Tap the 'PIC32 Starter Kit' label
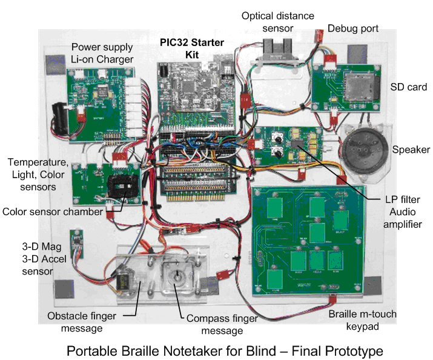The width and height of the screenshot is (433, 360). point(192,48)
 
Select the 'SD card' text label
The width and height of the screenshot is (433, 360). point(408,87)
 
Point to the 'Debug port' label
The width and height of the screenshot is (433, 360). point(353,28)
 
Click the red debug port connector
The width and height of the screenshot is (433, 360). point(320,35)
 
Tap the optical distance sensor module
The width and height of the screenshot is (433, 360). point(278,50)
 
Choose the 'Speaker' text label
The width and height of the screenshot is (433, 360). point(411,150)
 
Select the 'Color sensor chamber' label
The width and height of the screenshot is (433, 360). point(53,212)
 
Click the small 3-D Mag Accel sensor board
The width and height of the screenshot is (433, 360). point(76,244)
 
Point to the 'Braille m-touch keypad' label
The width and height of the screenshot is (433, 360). point(362,320)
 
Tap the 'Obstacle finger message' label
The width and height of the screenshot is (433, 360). point(82,322)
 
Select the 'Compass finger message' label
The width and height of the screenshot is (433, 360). point(222,324)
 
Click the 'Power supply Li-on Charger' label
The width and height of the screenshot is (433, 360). point(102,53)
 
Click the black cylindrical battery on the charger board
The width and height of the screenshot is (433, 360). point(60,119)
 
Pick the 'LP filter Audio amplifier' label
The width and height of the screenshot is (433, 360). point(402,212)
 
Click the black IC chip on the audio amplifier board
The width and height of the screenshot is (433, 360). point(297,143)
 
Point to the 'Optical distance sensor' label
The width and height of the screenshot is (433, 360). point(278,22)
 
